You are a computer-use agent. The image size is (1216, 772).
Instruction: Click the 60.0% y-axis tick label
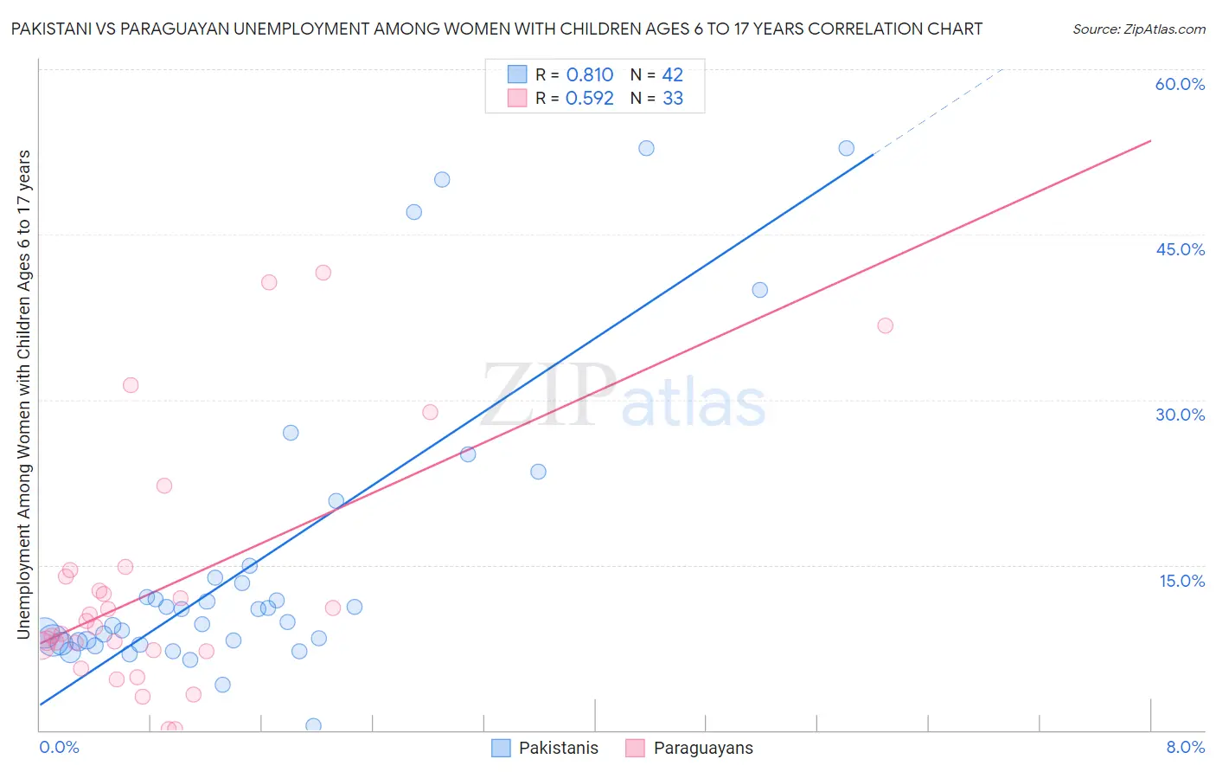point(1180,84)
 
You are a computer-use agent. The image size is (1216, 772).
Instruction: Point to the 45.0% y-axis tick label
point(1180,249)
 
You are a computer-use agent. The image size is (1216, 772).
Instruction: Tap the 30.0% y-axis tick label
point(1180,415)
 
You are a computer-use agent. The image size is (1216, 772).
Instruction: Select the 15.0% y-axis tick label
point(1181,581)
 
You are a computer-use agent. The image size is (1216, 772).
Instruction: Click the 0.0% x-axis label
point(59,747)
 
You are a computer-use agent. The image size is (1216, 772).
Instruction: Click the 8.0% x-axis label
point(1185,747)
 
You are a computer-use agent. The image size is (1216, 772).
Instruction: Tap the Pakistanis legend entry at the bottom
point(558,748)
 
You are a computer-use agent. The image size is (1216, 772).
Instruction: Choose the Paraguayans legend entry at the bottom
point(702,748)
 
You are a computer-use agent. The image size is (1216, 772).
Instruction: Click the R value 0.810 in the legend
point(590,75)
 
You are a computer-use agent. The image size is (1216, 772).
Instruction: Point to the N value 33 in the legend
point(673,99)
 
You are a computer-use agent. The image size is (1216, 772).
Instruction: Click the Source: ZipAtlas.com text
point(1138,29)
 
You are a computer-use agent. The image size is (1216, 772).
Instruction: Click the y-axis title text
point(24,394)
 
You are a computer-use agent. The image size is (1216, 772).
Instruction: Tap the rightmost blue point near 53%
point(846,148)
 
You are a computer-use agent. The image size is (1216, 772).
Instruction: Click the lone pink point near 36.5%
point(885,325)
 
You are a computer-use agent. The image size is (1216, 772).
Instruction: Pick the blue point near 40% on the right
point(759,290)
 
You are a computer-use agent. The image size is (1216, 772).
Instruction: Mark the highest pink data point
point(323,272)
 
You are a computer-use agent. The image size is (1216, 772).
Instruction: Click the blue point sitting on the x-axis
point(313,725)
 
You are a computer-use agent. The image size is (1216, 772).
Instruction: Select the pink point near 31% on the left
point(131,384)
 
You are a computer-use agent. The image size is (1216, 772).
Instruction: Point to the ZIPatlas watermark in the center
point(623,396)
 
